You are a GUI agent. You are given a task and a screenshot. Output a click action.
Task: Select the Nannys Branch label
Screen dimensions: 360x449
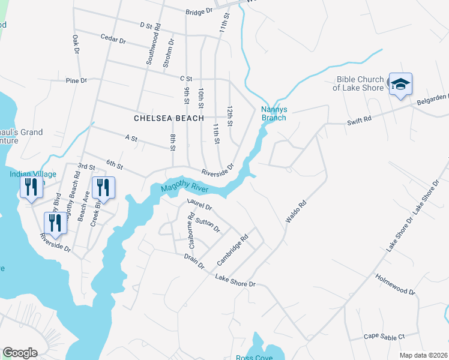(273, 113)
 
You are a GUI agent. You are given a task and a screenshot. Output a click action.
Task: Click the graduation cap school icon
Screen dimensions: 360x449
(400, 85)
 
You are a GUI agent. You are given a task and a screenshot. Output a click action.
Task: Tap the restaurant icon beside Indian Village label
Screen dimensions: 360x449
(31, 188)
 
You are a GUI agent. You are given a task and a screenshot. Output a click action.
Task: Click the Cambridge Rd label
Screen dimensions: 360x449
(233, 250)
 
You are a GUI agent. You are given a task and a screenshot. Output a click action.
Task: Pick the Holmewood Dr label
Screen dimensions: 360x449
(395, 283)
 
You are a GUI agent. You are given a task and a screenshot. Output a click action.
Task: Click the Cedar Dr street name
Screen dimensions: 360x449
(113, 40)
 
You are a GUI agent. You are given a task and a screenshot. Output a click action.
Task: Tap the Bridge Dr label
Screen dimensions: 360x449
(199, 11)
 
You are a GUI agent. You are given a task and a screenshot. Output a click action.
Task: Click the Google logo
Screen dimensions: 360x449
(20, 352)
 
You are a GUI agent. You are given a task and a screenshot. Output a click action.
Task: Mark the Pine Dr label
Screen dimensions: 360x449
(76, 80)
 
